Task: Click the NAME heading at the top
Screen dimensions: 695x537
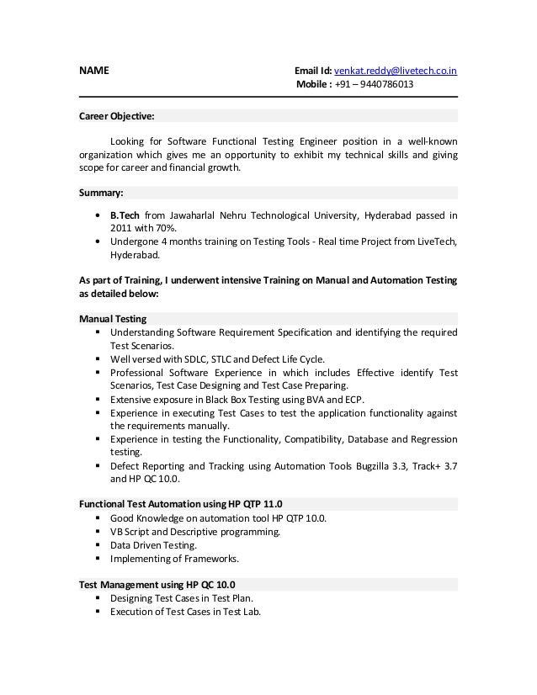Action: pos(93,71)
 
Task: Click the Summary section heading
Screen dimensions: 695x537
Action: pos(101,192)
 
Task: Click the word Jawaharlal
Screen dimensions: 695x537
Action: pos(202,214)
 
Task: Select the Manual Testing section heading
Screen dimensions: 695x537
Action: pos(113,319)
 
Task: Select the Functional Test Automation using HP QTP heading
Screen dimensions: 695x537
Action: pos(181,505)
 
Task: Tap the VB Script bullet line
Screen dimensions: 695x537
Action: pos(195,532)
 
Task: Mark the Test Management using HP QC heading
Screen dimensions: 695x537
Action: pos(157,585)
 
